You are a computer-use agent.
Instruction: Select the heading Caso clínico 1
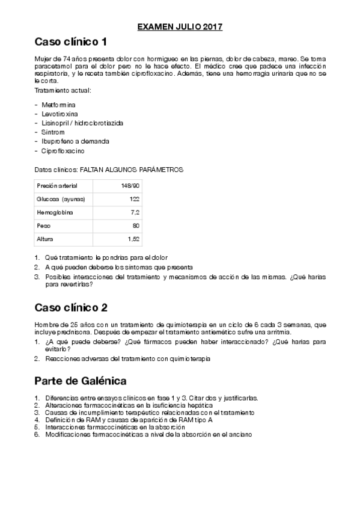(x=71, y=42)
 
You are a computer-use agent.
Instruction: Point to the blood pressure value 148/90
(x=130, y=185)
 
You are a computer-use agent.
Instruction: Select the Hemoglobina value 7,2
(x=135, y=212)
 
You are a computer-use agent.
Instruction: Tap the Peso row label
(x=43, y=226)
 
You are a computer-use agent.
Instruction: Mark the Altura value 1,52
(x=133, y=239)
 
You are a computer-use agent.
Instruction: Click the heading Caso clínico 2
(x=71, y=308)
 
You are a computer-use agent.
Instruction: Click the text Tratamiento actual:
(x=63, y=90)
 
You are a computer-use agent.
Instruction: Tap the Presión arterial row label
(x=57, y=185)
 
